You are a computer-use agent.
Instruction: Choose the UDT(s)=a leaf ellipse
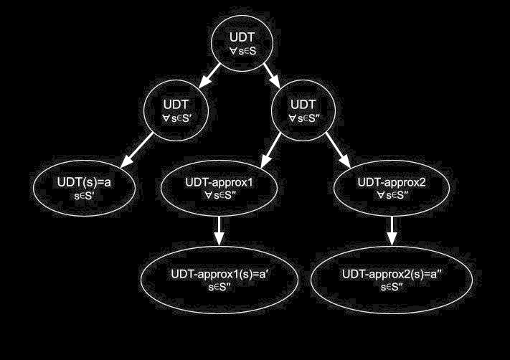pyautogui.click(x=84, y=189)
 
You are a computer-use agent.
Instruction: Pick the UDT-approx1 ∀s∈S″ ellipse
pyautogui.click(x=220, y=189)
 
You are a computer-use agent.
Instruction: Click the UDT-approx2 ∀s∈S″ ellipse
pyautogui.click(x=392, y=189)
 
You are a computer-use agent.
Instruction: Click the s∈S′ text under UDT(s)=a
pyautogui.click(x=84, y=196)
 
